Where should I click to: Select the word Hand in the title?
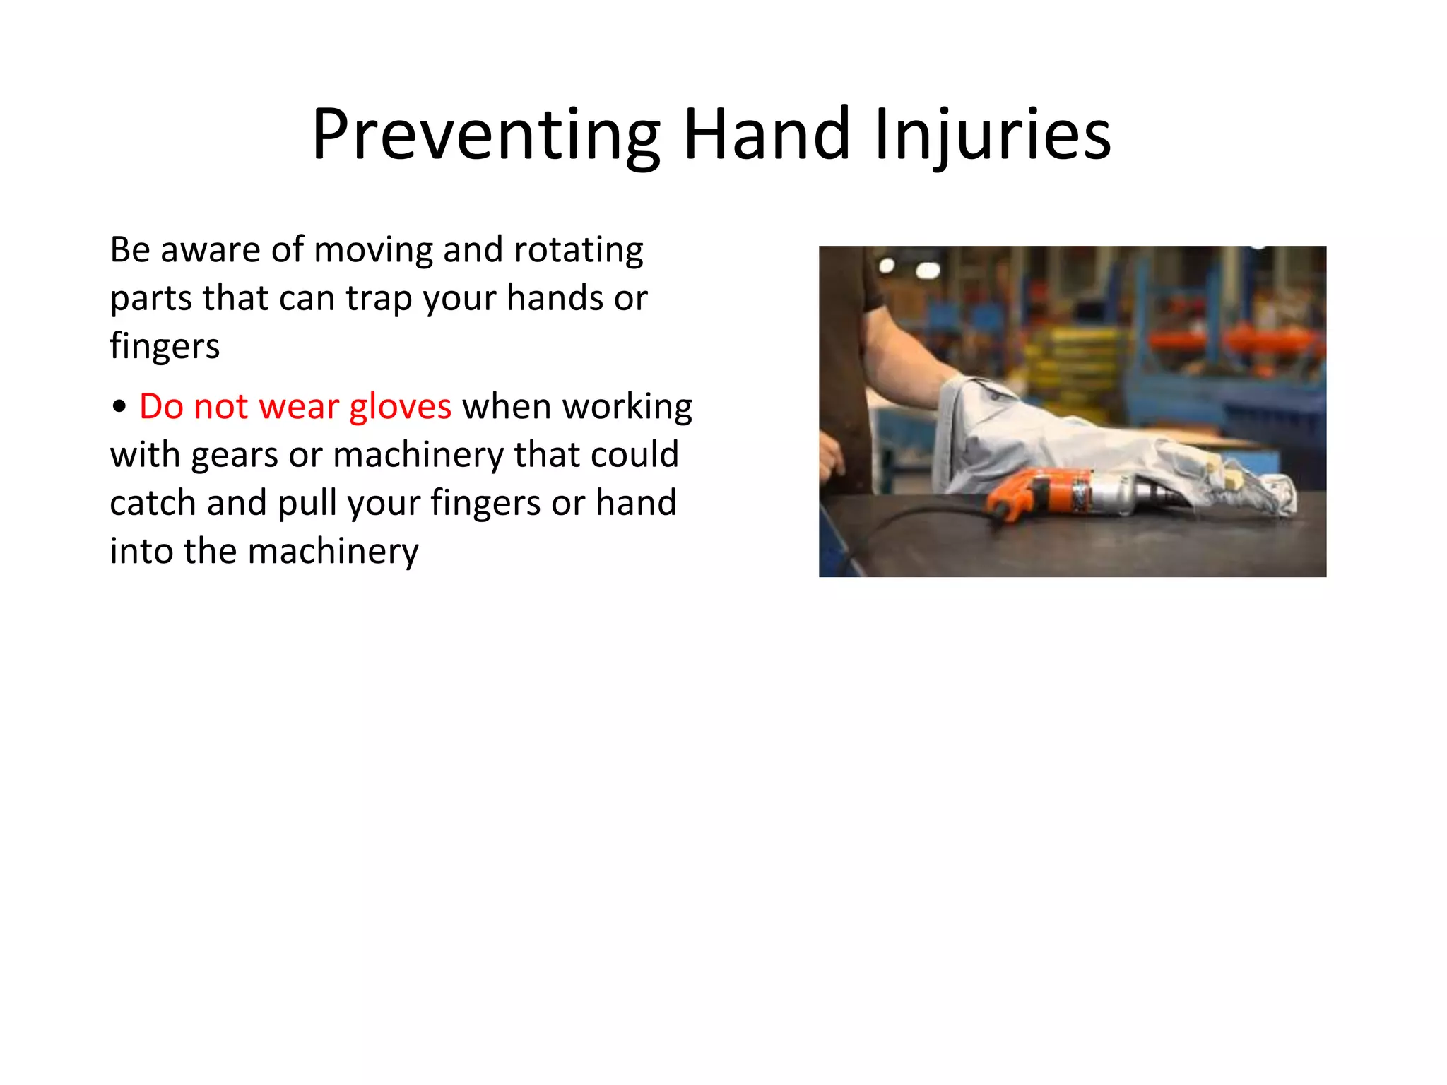766,134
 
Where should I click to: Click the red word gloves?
400,408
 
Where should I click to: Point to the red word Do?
160,407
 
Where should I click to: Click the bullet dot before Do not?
119,408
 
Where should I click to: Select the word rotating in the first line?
578,250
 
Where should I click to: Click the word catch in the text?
153,504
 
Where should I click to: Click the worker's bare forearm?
911,360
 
